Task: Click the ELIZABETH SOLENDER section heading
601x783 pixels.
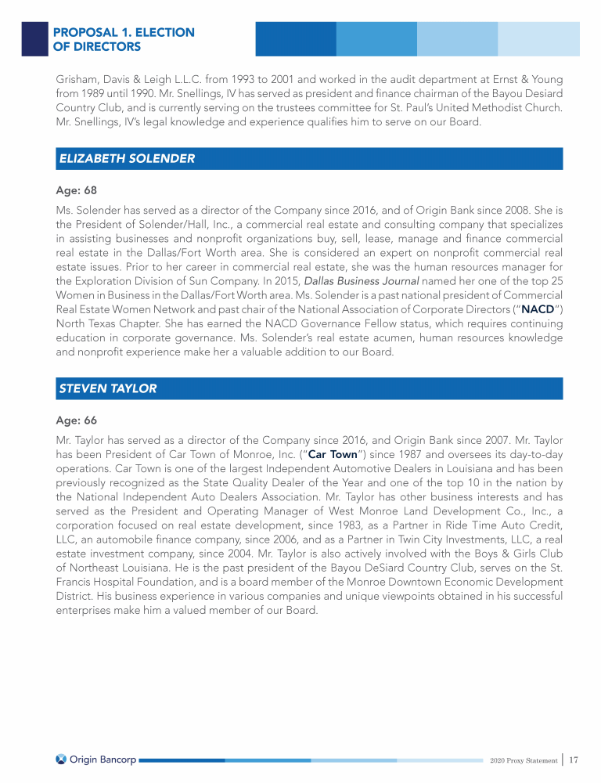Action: pyautogui.click(x=127, y=158)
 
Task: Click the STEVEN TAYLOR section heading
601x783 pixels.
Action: pyautogui.click(x=108, y=388)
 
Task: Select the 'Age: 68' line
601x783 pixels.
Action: pyautogui.click(x=76, y=190)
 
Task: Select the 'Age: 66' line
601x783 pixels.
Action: pyautogui.click(x=76, y=420)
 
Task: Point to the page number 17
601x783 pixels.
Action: pyautogui.click(x=574, y=760)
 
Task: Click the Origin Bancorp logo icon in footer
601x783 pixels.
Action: pyautogui.click(x=61, y=760)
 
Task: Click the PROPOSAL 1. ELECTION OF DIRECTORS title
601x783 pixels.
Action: pyautogui.click(x=124, y=39)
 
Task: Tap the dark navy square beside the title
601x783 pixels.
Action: pyautogui.click(x=34, y=38)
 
